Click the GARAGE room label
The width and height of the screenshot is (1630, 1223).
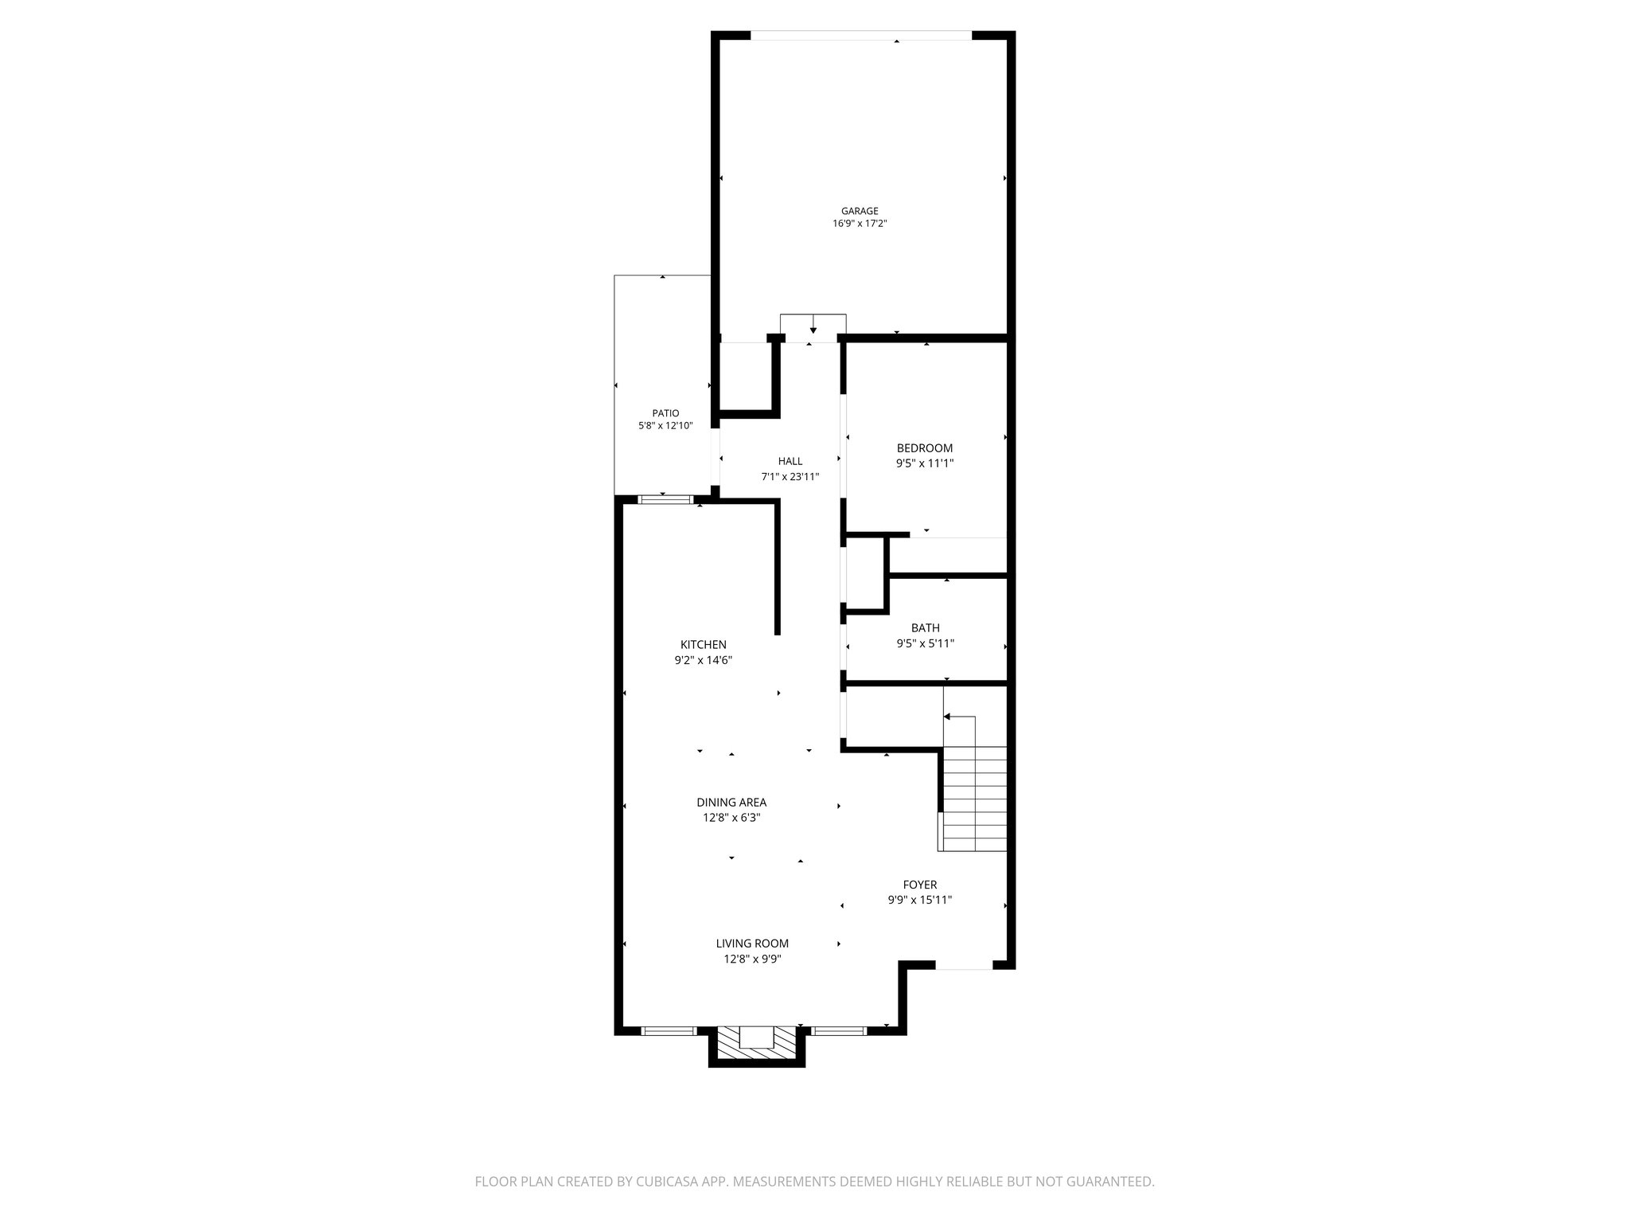pos(860,211)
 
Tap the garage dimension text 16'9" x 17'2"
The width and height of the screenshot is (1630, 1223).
pos(860,225)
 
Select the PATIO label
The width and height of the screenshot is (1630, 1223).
pos(665,413)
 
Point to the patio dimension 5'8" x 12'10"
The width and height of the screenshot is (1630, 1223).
pos(665,426)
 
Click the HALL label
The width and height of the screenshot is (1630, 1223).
pos(790,461)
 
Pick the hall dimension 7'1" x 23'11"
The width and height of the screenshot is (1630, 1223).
pos(790,477)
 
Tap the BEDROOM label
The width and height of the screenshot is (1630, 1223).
pos(924,448)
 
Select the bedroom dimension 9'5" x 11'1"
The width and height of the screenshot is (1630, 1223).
pos(924,463)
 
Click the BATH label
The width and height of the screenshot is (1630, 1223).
pos(925,628)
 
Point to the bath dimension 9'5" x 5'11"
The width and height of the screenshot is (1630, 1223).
pos(925,643)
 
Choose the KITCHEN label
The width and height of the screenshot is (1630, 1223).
pos(703,645)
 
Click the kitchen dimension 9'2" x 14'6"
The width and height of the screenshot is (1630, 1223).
pos(703,660)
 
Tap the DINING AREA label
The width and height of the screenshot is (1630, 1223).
pos(731,803)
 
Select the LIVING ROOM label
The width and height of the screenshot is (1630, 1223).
pos(752,944)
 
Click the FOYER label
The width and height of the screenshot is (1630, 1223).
pos(919,885)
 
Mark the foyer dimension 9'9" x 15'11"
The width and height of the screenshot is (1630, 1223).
pos(920,900)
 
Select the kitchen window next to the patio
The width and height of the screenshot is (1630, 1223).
pos(665,499)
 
